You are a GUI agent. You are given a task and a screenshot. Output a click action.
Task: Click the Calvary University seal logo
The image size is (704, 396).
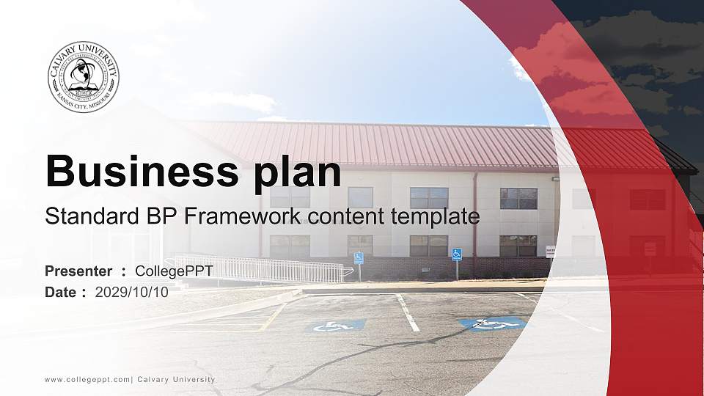point(84,77)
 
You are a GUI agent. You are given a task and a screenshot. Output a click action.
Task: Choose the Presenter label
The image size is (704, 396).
point(78,271)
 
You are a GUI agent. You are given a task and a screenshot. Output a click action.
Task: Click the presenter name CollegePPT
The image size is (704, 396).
point(175,271)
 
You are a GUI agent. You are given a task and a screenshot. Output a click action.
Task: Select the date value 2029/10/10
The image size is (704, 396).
point(132,292)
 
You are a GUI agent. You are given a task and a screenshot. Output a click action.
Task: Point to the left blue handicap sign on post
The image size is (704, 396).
point(359,258)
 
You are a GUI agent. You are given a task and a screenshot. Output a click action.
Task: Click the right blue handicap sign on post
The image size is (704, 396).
point(456,254)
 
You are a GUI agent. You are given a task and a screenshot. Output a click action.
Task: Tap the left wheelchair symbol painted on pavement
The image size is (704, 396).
point(336,326)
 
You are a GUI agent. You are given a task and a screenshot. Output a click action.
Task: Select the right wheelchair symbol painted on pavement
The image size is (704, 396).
point(493,323)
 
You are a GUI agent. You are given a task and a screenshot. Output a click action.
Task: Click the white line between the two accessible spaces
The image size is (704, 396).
point(408,312)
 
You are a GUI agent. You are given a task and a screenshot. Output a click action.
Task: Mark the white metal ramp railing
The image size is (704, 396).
point(257,268)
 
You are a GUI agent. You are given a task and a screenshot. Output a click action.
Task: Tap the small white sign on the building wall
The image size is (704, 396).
point(550,252)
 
